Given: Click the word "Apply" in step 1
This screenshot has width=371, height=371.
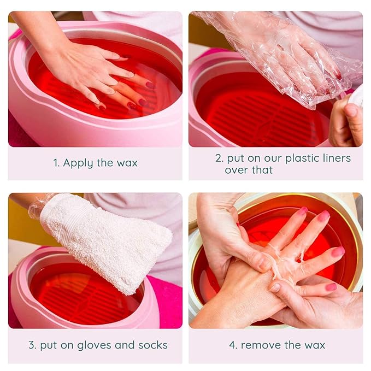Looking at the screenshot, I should [x=78, y=163].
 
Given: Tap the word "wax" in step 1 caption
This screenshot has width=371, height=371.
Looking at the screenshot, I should [x=127, y=163].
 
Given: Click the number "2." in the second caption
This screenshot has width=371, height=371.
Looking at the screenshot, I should [x=219, y=158].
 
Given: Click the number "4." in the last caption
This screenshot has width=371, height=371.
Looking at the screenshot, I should [x=233, y=345].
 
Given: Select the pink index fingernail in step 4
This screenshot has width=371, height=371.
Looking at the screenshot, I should [x=323, y=216].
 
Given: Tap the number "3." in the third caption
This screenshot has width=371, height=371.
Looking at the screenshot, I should [x=32, y=345].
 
